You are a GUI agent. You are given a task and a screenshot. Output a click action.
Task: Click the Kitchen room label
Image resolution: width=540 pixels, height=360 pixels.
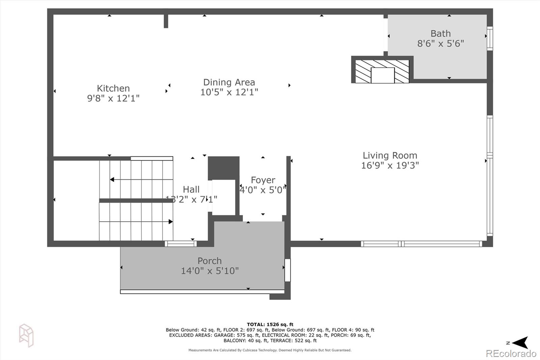(113, 88)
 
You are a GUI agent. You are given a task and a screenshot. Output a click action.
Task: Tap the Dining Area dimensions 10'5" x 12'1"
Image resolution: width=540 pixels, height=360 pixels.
(229, 92)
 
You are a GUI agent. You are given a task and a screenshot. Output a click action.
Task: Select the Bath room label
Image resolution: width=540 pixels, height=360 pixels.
(440, 33)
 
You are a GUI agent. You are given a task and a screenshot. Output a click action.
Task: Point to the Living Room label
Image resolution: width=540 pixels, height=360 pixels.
(390, 155)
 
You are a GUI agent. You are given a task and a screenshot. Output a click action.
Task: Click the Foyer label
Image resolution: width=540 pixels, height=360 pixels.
(263, 180)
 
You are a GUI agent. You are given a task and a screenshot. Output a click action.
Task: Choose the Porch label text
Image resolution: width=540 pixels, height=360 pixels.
(210, 261)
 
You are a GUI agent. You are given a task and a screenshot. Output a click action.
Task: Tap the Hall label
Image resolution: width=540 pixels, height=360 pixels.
(191, 189)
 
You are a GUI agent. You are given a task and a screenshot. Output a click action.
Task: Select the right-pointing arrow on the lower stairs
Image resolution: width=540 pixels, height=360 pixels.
(170, 222)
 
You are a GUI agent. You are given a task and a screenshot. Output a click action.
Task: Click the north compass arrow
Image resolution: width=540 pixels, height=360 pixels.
(520, 342)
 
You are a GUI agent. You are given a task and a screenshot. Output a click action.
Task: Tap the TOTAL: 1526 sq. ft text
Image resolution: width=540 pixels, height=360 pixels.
(270, 325)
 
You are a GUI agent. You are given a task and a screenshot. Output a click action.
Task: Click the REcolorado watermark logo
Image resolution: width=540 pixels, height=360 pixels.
(511, 354)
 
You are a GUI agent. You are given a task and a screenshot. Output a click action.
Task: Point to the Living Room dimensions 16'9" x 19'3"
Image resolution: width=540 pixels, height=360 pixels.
(390, 165)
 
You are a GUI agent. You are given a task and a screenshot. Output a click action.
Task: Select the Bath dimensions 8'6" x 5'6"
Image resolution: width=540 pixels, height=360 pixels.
(440, 44)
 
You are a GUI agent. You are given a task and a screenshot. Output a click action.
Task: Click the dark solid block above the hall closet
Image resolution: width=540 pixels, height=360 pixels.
(223, 168)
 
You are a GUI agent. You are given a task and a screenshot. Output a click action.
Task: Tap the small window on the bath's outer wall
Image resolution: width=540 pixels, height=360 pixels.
(490, 38)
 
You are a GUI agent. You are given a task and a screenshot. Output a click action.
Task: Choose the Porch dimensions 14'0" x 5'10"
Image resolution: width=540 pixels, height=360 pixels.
(210, 271)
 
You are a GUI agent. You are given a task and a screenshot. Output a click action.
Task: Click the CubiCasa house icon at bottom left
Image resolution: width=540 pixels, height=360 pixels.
(26, 335)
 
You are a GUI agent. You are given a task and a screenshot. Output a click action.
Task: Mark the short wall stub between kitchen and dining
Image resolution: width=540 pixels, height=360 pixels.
(166, 21)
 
